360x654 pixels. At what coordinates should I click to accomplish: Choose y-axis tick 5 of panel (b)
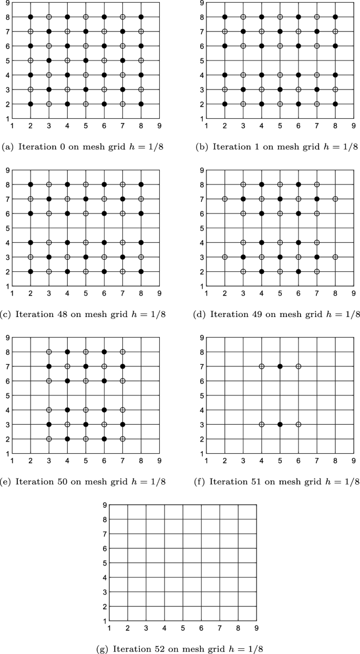pos(202,60)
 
